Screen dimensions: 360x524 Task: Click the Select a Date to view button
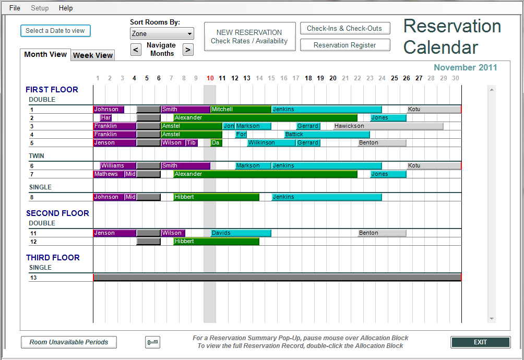coord(55,31)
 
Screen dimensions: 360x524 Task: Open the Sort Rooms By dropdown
coord(162,34)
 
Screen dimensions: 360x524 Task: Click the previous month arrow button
coord(136,50)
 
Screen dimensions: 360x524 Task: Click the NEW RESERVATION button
coord(249,37)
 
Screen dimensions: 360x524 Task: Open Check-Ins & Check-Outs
coord(344,29)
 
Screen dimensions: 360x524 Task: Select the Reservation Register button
coord(344,45)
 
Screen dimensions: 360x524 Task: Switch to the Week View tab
coord(93,55)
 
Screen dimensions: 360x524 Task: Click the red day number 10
coord(210,78)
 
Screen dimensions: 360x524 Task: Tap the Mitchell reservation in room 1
coord(241,110)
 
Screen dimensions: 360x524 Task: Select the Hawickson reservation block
coord(388,126)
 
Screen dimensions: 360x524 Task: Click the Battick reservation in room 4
coord(327,135)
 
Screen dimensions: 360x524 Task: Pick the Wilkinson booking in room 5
coord(271,143)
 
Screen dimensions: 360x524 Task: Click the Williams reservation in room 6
coord(118,166)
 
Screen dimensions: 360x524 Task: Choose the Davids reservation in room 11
coord(241,233)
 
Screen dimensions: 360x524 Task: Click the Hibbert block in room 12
coord(216,242)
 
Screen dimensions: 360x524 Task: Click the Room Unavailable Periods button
coord(69,342)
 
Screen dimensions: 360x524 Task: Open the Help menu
coord(66,8)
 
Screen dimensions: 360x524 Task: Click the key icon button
coord(152,342)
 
